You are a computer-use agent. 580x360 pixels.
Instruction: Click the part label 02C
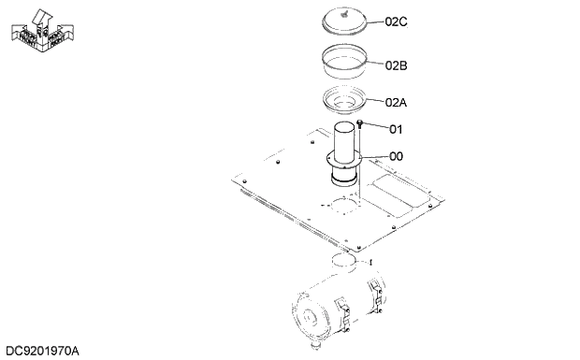[396, 22]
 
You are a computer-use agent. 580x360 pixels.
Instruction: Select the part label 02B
[396, 65]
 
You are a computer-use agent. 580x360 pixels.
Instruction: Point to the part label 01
[395, 129]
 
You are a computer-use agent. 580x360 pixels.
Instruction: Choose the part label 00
[396, 156]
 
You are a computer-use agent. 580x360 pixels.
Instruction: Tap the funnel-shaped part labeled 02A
[347, 99]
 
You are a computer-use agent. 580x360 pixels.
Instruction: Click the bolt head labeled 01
[361, 122]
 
